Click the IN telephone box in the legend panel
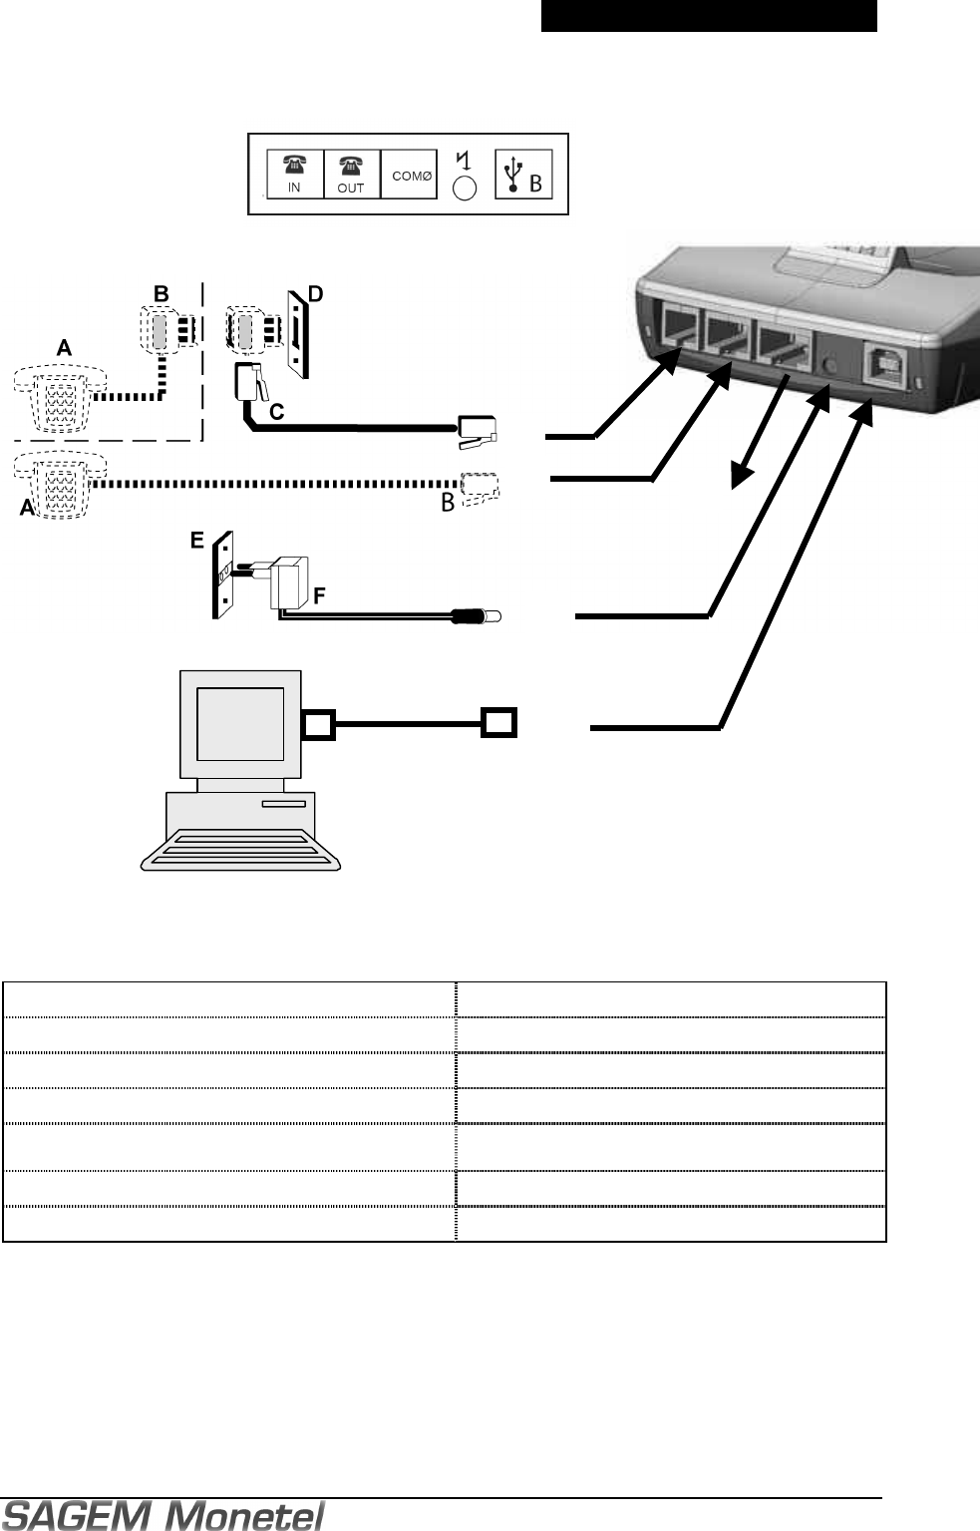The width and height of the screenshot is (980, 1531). click(x=295, y=175)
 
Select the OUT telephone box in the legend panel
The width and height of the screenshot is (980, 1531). click(x=351, y=175)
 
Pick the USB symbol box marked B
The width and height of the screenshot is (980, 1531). click(x=523, y=175)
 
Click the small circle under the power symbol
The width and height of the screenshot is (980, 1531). click(x=465, y=189)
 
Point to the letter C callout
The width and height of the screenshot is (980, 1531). click(x=277, y=410)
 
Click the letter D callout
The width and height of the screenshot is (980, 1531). click(x=315, y=295)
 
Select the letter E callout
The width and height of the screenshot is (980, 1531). click(x=197, y=540)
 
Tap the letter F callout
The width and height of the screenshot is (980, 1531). click(x=319, y=595)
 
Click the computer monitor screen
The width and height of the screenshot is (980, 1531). click(x=239, y=723)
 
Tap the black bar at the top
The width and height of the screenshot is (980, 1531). click(x=709, y=16)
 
